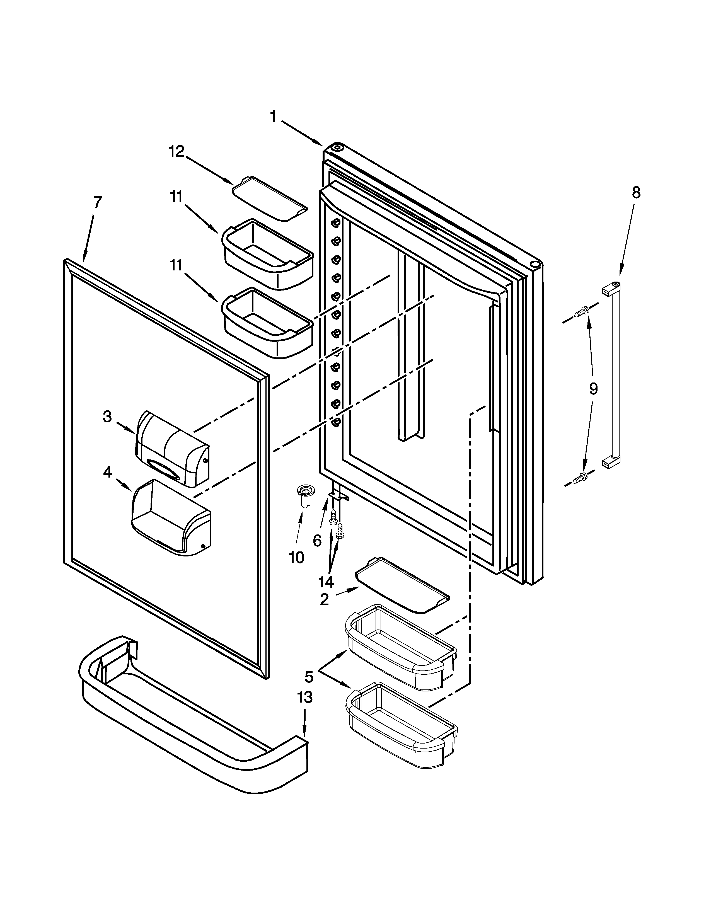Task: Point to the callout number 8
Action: pyautogui.click(x=636, y=193)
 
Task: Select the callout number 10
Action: pyautogui.click(x=297, y=558)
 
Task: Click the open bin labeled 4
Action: pyautogui.click(x=172, y=519)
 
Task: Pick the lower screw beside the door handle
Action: pyautogui.click(x=581, y=478)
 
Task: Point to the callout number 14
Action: pyautogui.click(x=326, y=582)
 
